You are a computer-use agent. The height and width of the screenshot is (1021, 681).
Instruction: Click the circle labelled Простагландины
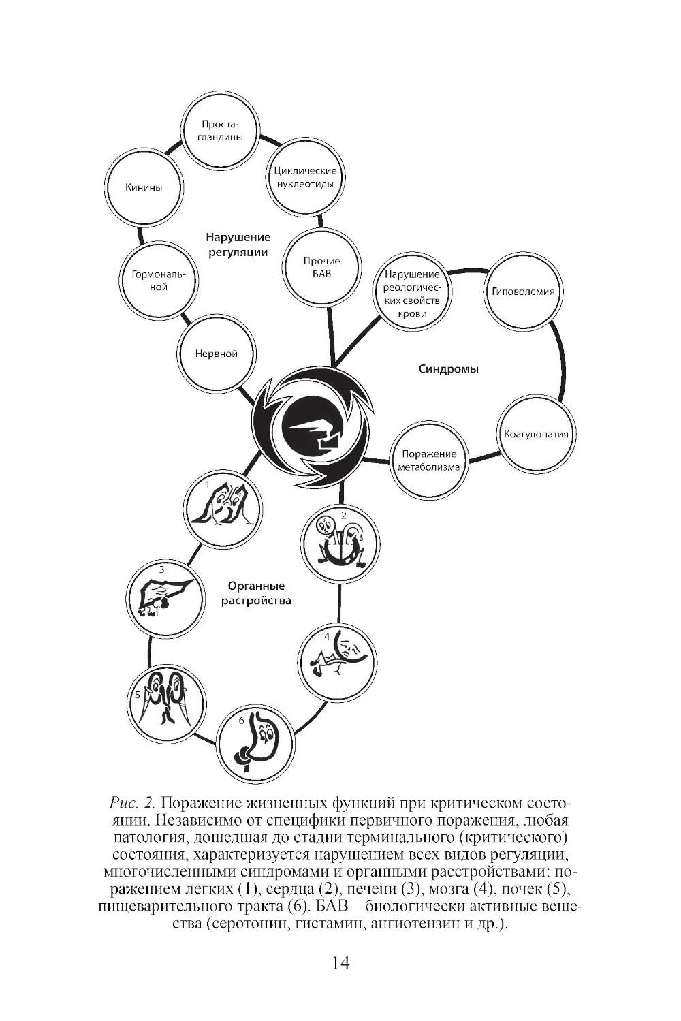tap(221, 131)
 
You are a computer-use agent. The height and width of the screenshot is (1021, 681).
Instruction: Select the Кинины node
tap(144, 187)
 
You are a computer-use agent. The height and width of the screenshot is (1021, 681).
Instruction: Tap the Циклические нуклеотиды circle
tap(305, 177)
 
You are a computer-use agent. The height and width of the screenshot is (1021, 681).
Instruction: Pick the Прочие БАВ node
tap(321, 267)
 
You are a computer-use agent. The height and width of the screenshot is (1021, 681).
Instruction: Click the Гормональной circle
tap(159, 281)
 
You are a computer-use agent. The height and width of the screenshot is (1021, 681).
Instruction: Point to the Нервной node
tap(217, 354)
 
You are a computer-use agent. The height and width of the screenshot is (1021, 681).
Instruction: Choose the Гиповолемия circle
tap(523, 292)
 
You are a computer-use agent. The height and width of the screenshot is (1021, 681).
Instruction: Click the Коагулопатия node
tap(536, 434)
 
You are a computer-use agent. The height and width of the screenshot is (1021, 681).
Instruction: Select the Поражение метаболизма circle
tap(429, 460)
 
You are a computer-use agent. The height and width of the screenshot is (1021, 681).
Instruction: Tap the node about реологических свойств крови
tap(412, 294)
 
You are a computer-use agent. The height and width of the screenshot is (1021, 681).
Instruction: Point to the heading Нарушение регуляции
tap(238, 245)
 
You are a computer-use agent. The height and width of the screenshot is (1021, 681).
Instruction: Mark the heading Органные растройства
tap(256, 593)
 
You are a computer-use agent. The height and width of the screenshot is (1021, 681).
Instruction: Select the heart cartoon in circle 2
tap(340, 544)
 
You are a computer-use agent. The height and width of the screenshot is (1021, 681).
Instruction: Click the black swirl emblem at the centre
tap(313, 426)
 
